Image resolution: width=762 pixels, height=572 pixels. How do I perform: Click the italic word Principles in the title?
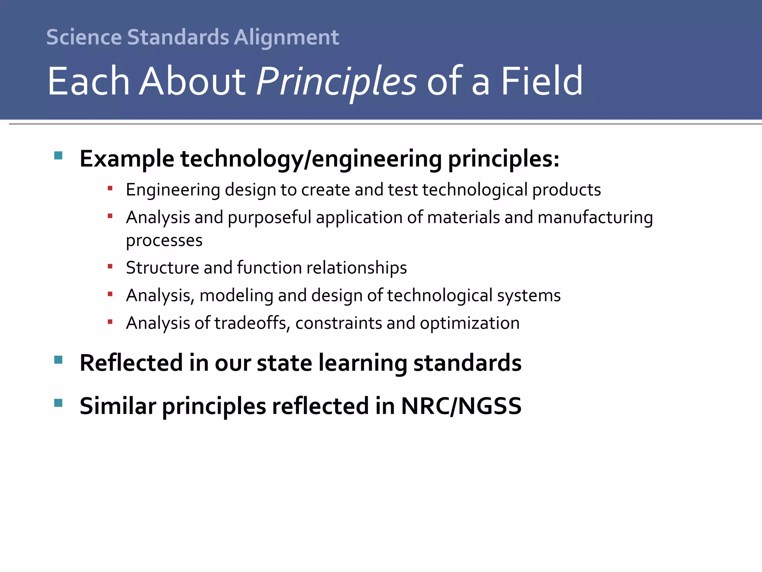pos(336,81)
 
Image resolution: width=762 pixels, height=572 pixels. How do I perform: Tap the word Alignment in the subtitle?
pos(286,38)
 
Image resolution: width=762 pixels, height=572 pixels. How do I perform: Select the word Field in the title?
pos(542,81)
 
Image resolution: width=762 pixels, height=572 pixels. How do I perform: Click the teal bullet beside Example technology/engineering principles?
pos(58,155)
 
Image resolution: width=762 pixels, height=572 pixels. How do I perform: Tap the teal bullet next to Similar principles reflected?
pos(58,403)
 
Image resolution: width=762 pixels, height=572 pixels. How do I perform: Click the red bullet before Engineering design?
pos(110,188)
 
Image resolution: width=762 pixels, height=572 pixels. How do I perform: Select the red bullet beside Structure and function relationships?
pos(110,266)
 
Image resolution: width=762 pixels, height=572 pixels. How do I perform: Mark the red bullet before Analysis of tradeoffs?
pos(110,322)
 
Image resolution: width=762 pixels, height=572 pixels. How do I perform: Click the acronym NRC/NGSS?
pos(461,406)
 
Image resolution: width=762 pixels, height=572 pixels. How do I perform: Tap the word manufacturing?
pos(595,217)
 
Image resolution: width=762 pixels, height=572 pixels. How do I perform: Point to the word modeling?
pos(236,296)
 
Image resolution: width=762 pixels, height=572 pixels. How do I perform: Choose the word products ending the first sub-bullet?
pos(566,190)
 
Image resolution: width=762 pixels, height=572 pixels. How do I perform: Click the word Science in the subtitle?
pos(84,38)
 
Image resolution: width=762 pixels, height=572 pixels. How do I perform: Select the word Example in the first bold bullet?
pos(127,159)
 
